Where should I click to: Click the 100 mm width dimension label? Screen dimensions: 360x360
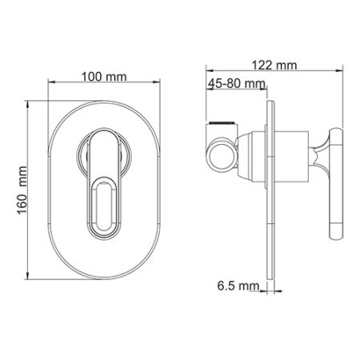[x=104, y=76]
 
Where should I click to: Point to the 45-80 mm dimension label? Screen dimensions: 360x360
[x=235, y=84]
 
